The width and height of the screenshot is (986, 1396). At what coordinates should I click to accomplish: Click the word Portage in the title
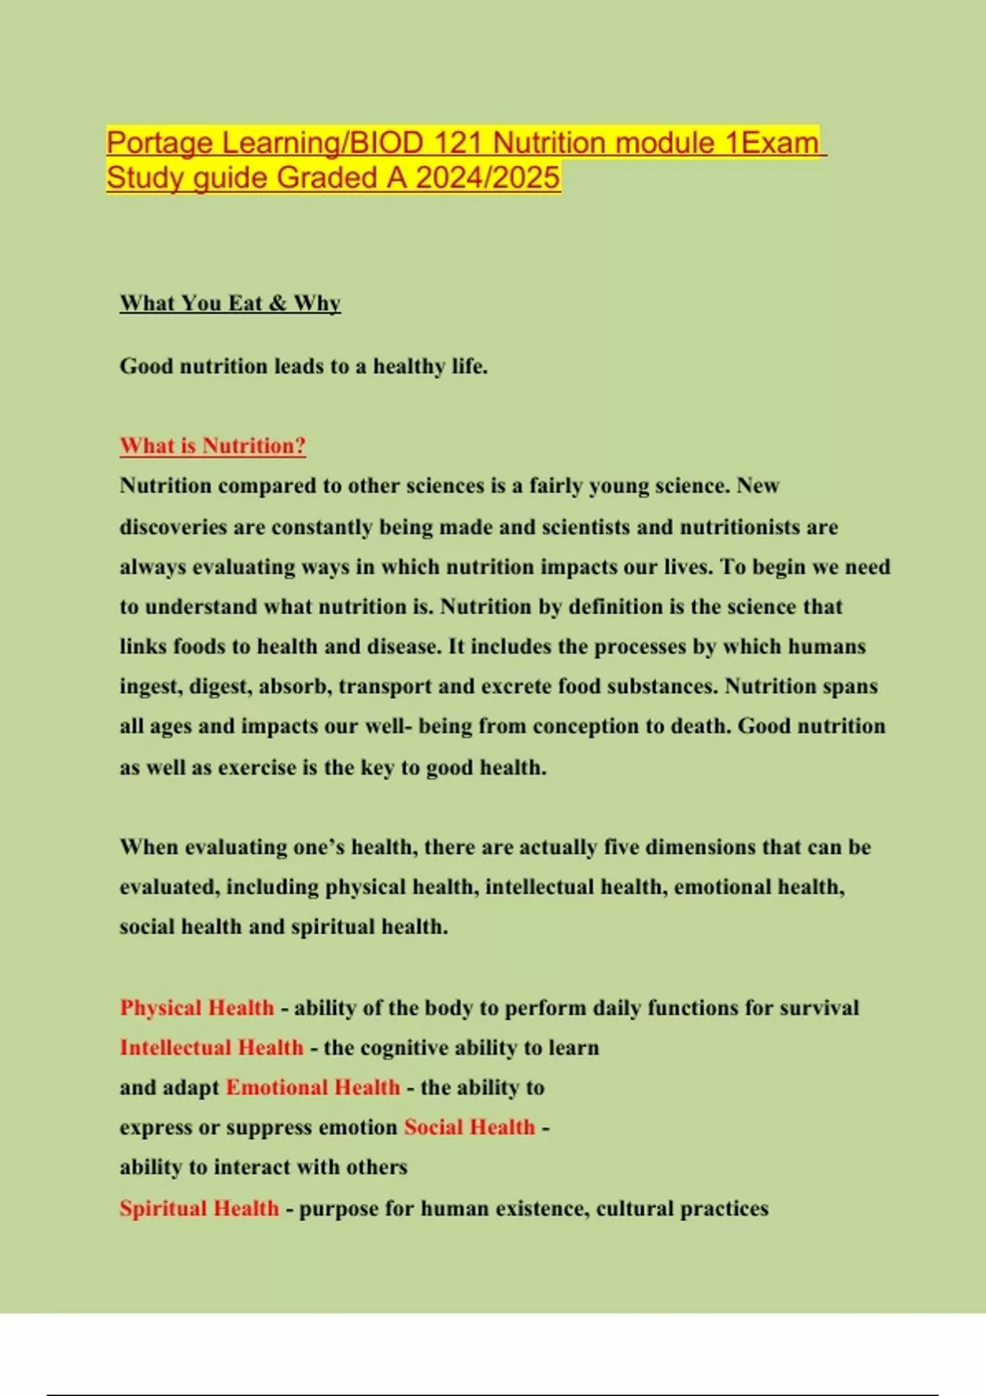160,144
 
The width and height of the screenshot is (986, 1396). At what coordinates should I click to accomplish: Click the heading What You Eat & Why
230,303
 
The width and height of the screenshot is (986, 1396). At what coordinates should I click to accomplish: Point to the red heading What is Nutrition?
213,446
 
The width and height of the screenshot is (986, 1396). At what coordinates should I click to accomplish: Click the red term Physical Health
197,1008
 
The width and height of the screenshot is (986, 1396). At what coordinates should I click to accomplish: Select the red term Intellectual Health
211,1048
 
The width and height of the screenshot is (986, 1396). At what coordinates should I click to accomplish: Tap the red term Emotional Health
312,1087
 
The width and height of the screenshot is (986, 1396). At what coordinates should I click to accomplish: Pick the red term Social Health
469,1127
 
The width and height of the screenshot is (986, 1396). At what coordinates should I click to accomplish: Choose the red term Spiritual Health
199,1208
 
